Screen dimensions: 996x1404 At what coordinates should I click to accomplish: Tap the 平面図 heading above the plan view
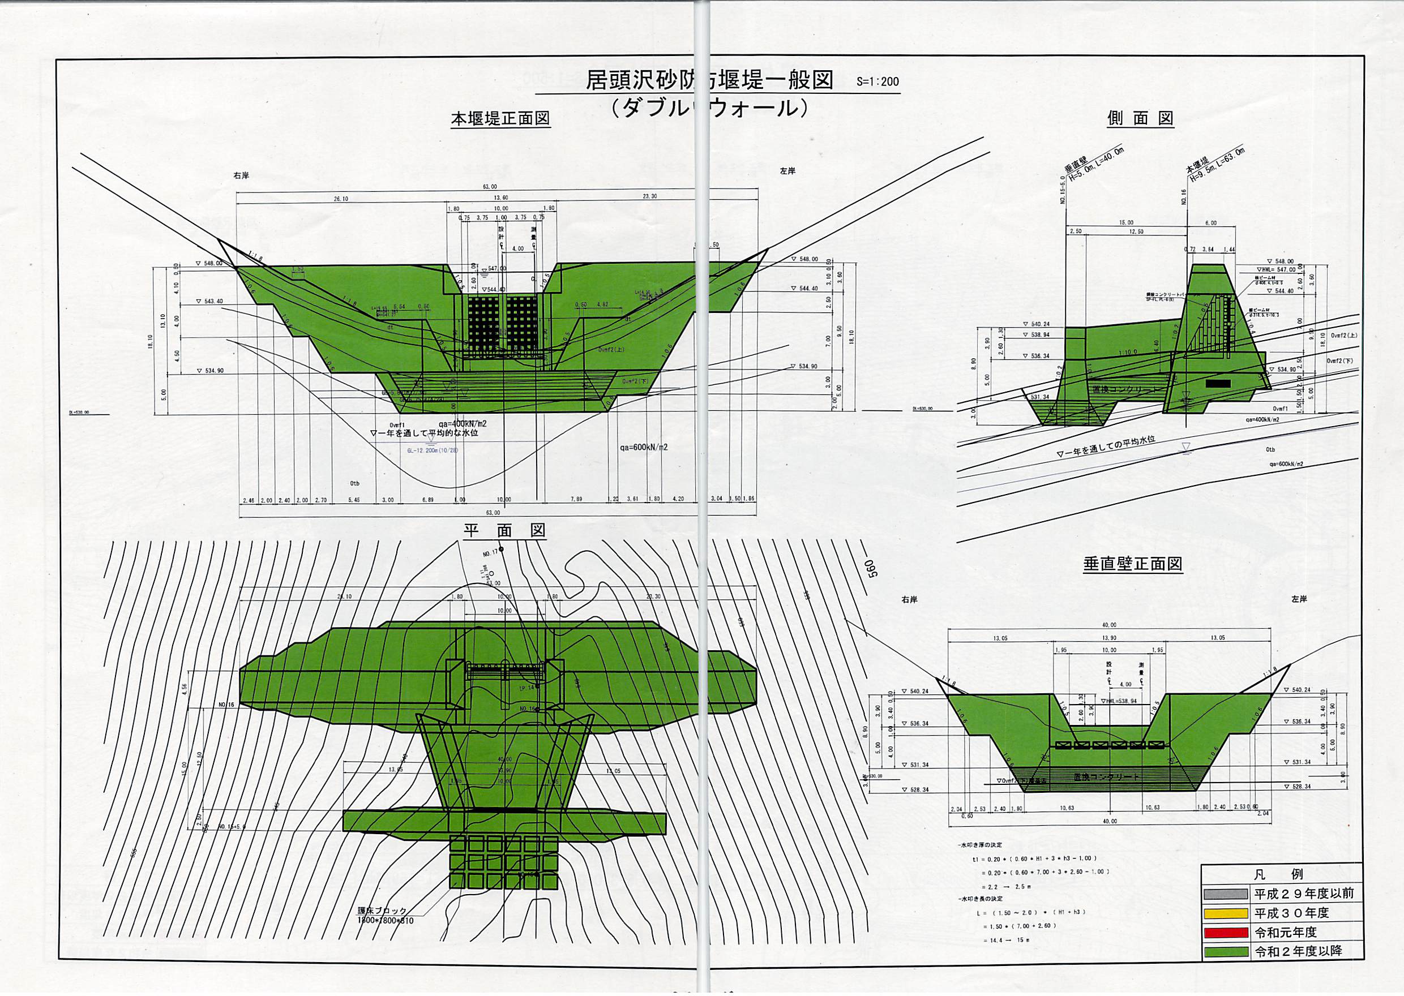[504, 531]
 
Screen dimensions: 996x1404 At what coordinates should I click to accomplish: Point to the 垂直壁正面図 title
[1132, 564]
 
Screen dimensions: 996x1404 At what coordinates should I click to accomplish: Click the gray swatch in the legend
[1226, 894]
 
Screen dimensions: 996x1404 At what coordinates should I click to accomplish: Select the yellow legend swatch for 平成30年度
[1226, 913]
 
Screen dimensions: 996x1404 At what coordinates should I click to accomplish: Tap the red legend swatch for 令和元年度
[1226, 933]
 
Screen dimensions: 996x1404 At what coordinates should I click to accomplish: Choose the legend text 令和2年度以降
[1298, 952]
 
